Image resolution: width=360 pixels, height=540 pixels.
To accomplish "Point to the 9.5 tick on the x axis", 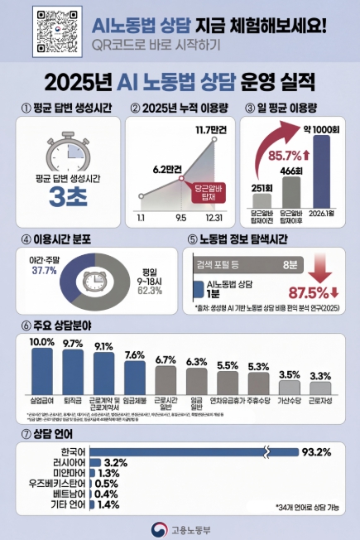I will click(x=179, y=217).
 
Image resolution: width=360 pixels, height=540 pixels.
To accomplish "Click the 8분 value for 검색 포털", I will click(x=289, y=265).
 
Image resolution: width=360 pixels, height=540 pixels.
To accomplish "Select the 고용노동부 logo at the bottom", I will click(x=180, y=528).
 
